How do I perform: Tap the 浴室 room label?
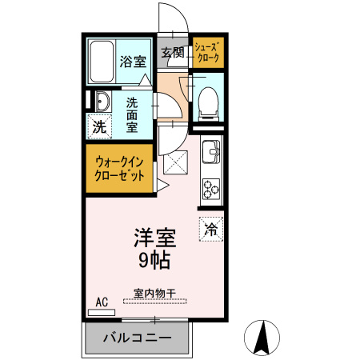click(132, 62)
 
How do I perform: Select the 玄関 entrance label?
click(172, 53)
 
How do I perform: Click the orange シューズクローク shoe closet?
click(208, 53)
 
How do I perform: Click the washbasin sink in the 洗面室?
click(102, 102)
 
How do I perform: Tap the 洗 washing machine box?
click(99, 126)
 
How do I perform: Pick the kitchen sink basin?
click(211, 150)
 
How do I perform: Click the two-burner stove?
click(211, 190)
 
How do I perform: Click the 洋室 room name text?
click(153, 238)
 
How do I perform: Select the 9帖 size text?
click(153, 260)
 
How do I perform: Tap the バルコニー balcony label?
click(137, 338)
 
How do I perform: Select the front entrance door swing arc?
click(170, 18)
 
